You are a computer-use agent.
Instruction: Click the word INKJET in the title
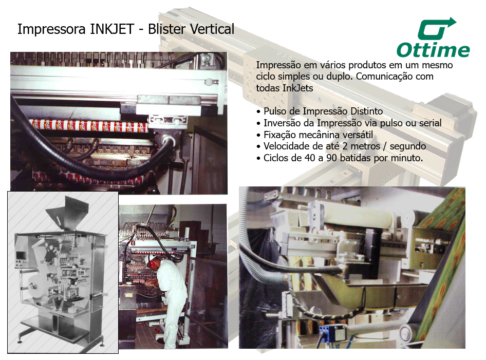[x=112, y=29]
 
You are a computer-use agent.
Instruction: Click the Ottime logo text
[x=433, y=50]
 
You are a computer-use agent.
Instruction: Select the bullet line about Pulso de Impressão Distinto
[x=320, y=111]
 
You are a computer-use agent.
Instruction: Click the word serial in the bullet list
[x=430, y=123]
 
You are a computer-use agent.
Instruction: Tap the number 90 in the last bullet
[x=331, y=158]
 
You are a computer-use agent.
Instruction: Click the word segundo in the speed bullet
[x=407, y=146]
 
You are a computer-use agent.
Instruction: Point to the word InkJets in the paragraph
[x=297, y=88]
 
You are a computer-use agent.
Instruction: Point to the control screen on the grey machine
[x=21, y=256]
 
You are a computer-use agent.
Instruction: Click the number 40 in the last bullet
[x=310, y=158]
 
